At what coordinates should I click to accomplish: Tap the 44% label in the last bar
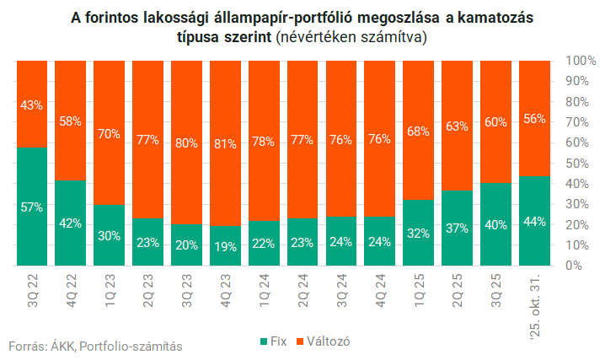534,222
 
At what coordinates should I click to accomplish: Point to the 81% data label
225,144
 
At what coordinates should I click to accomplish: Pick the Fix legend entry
275,341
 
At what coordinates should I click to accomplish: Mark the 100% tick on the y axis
570,61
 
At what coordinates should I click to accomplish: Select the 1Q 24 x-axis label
264,290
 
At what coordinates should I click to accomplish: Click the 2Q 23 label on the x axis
148,290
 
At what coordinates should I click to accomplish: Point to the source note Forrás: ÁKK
40,346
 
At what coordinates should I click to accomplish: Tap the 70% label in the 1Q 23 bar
110,132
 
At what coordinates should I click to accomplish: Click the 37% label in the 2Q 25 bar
458,228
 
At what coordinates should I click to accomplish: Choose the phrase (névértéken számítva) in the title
350,38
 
